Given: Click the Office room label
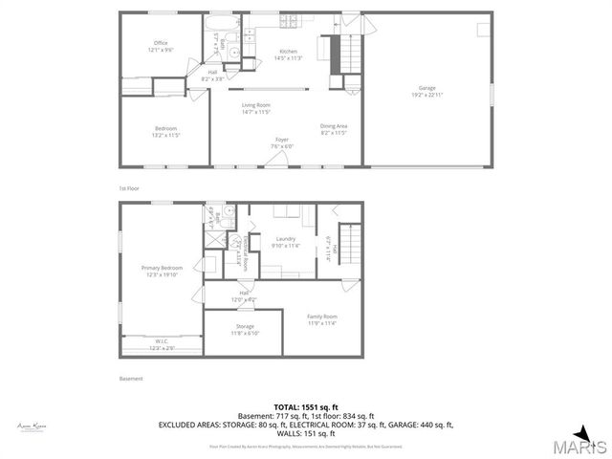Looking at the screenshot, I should (162, 43).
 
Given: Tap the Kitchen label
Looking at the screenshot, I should (288, 51).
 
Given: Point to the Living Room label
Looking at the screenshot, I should (255, 104).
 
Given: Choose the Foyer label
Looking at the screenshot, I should (282, 140).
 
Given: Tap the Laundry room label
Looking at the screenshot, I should (285, 238).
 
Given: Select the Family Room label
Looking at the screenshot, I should (321, 316).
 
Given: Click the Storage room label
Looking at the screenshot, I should (245, 326).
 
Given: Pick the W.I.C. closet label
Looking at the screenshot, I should (161, 340).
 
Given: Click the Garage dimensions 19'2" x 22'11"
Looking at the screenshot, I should (426, 95).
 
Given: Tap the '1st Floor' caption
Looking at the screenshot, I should (129, 188).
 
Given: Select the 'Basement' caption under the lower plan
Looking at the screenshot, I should (131, 379).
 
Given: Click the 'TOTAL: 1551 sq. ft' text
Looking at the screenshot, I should (305, 406).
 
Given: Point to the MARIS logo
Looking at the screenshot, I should (582, 446).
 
